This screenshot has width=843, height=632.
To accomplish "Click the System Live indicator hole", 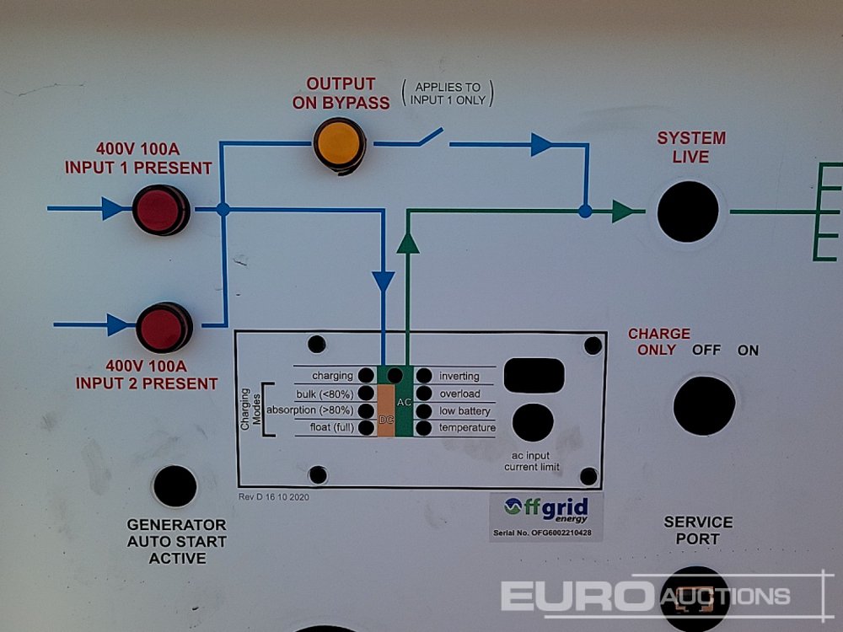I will point(687,211).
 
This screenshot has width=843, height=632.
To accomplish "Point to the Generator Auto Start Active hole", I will point(175,486).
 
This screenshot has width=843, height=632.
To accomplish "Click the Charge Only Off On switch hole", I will point(704,405).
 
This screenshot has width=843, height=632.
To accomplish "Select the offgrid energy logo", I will point(546,509).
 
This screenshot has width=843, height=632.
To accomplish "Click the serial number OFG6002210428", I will point(546,533).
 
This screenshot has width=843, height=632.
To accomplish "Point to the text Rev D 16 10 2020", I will point(273,497).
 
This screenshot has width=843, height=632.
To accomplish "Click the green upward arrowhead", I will point(408,243).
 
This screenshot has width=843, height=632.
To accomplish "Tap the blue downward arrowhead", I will point(384,281).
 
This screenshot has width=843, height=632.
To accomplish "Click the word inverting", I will point(459,376).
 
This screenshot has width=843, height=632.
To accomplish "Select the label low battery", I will point(464,411).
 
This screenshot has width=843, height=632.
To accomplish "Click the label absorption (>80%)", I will point(309,410).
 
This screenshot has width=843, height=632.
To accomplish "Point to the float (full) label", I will point(325,428).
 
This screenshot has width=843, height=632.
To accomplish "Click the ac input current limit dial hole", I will point(533,422).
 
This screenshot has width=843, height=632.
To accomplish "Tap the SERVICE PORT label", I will point(698,530).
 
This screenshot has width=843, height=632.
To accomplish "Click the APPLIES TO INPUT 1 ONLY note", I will point(447,94).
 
